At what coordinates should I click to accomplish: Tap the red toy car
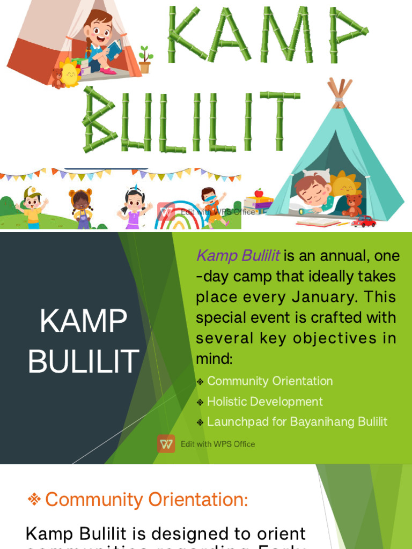click(x=363, y=221)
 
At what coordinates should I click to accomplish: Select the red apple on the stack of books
click(x=259, y=193)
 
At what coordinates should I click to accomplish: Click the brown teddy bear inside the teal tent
click(x=353, y=205)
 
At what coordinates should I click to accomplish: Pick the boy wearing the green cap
click(x=32, y=207)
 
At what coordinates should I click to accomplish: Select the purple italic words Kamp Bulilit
click(x=238, y=256)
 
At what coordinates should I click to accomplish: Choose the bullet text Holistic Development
click(x=264, y=402)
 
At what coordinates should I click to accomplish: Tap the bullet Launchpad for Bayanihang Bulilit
click(x=297, y=421)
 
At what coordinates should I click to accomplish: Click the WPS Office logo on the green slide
click(x=166, y=444)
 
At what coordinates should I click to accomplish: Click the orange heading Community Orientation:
click(x=146, y=500)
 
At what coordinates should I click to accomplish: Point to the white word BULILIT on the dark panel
click(x=84, y=362)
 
